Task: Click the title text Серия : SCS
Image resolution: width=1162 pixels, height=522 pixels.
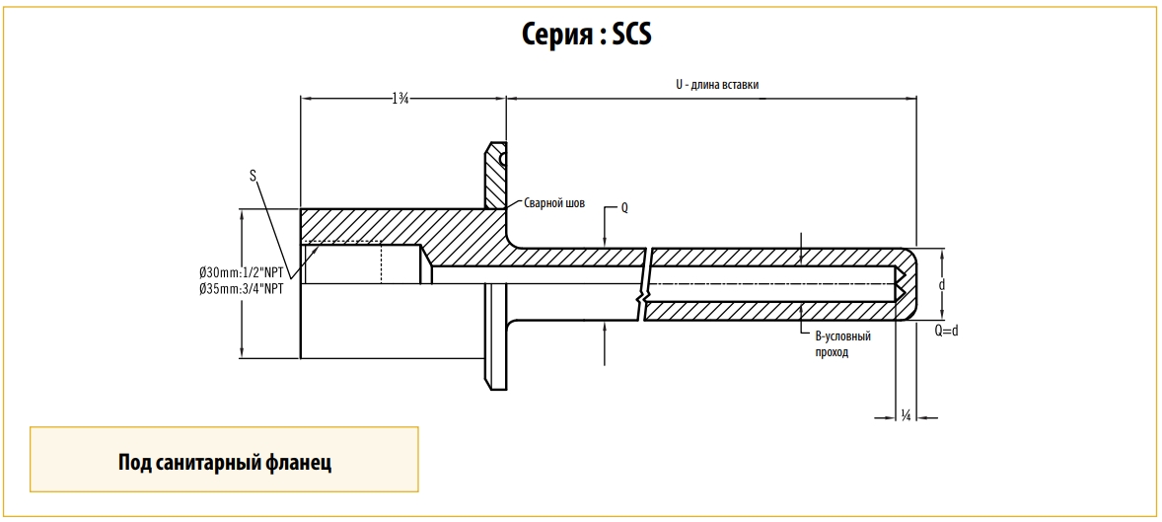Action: pyautogui.click(x=587, y=35)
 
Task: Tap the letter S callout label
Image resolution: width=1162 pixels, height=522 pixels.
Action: pyautogui.click(x=254, y=176)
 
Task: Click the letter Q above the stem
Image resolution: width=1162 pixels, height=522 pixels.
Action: pyautogui.click(x=623, y=208)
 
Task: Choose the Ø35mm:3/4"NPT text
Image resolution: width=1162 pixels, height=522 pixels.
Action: pyautogui.click(x=242, y=289)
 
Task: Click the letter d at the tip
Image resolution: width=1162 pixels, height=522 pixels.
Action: pyautogui.click(x=943, y=284)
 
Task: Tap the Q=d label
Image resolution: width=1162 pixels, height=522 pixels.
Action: pyautogui.click(x=946, y=331)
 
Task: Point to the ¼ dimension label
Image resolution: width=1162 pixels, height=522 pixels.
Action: pyautogui.click(x=906, y=415)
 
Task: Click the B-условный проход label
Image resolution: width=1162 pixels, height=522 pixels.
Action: pyautogui.click(x=841, y=343)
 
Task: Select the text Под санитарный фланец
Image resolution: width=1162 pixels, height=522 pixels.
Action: pyautogui.click(x=224, y=462)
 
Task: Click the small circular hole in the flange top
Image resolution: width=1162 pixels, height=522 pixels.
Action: pyautogui.click(x=503, y=157)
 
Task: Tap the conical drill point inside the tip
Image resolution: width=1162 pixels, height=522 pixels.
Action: pyautogui.click(x=901, y=284)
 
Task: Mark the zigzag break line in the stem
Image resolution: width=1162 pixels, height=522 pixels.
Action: pyautogui.click(x=644, y=284)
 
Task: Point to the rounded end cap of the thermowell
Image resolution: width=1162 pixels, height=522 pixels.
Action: pyautogui.click(x=909, y=284)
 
